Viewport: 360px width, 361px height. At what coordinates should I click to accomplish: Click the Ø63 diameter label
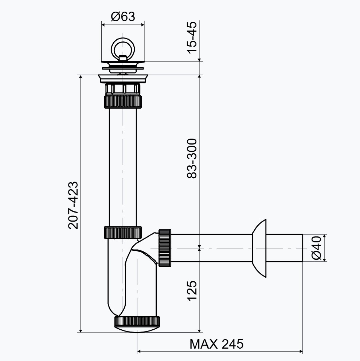(x=123, y=17)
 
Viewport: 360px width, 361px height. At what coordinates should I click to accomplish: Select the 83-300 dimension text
(x=192, y=158)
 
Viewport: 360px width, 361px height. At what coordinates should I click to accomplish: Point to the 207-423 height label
(x=74, y=205)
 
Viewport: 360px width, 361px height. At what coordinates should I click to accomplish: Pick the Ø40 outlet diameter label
(x=316, y=248)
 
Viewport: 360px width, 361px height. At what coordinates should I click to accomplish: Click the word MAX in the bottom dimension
(x=204, y=344)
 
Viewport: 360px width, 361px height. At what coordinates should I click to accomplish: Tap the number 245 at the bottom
(x=232, y=344)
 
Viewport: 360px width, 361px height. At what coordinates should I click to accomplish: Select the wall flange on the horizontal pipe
(x=259, y=248)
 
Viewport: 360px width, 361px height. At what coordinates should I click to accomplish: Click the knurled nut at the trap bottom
(x=137, y=321)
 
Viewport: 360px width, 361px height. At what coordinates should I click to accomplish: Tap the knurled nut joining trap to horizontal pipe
(x=165, y=248)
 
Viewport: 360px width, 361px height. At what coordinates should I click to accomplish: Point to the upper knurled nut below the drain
(x=123, y=102)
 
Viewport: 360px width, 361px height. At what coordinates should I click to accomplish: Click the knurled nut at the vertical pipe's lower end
(x=123, y=233)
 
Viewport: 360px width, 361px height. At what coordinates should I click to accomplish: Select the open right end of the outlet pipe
(x=302, y=248)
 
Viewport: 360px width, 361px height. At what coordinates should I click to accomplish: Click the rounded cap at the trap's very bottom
(x=137, y=329)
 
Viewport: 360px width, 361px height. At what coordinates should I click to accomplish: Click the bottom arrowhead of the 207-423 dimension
(x=81, y=330)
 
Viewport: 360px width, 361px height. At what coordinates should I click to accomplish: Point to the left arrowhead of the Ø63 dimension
(x=103, y=24)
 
